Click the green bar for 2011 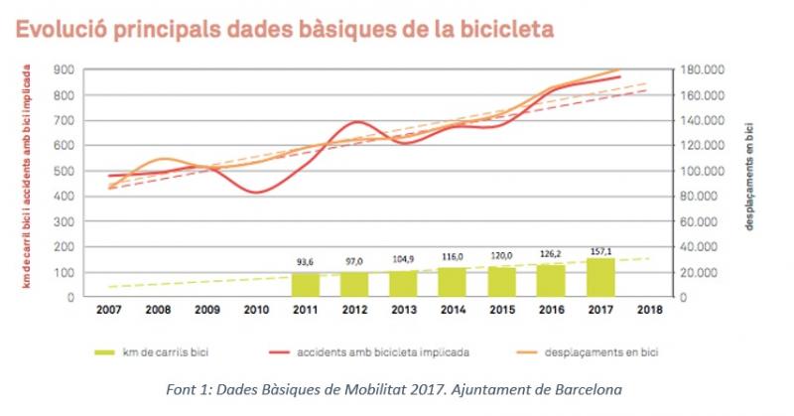point(306,284)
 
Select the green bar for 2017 point(600,277)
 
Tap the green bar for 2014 point(454,282)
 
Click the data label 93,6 point(306,262)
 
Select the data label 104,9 point(404,259)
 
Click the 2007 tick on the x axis point(109,310)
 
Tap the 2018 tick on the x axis point(650,310)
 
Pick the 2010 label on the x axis point(257,310)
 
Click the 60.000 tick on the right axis point(702,221)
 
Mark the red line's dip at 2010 point(257,192)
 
